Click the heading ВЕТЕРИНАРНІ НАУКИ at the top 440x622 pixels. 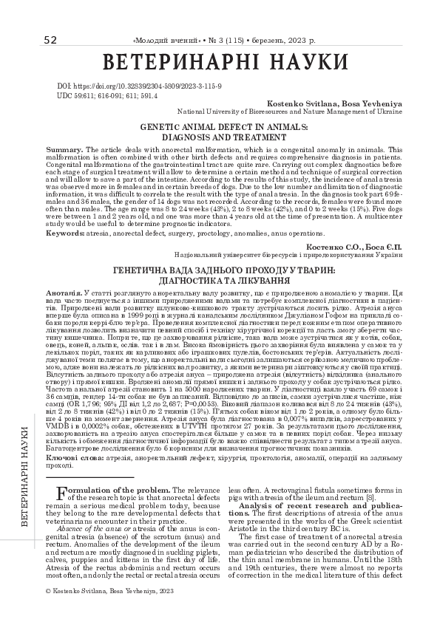[x=220, y=62]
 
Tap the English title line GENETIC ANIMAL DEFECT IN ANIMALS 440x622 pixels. [x=220, y=128]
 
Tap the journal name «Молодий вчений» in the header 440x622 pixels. [x=163, y=40]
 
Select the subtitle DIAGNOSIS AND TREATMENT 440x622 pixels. [x=220, y=137]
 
